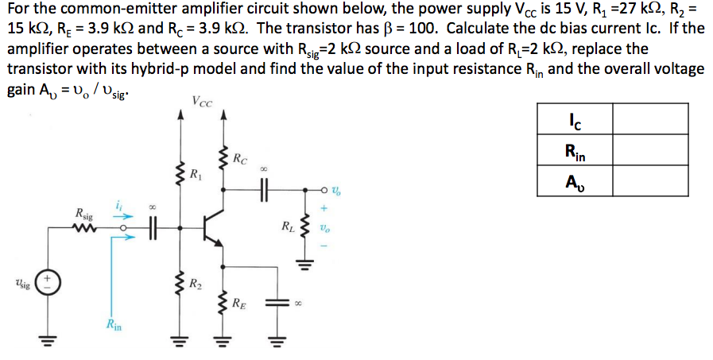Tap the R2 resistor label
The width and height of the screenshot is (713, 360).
pos(193,285)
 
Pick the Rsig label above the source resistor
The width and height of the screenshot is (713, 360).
pos(83,213)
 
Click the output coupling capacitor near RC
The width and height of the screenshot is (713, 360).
pos(263,190)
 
